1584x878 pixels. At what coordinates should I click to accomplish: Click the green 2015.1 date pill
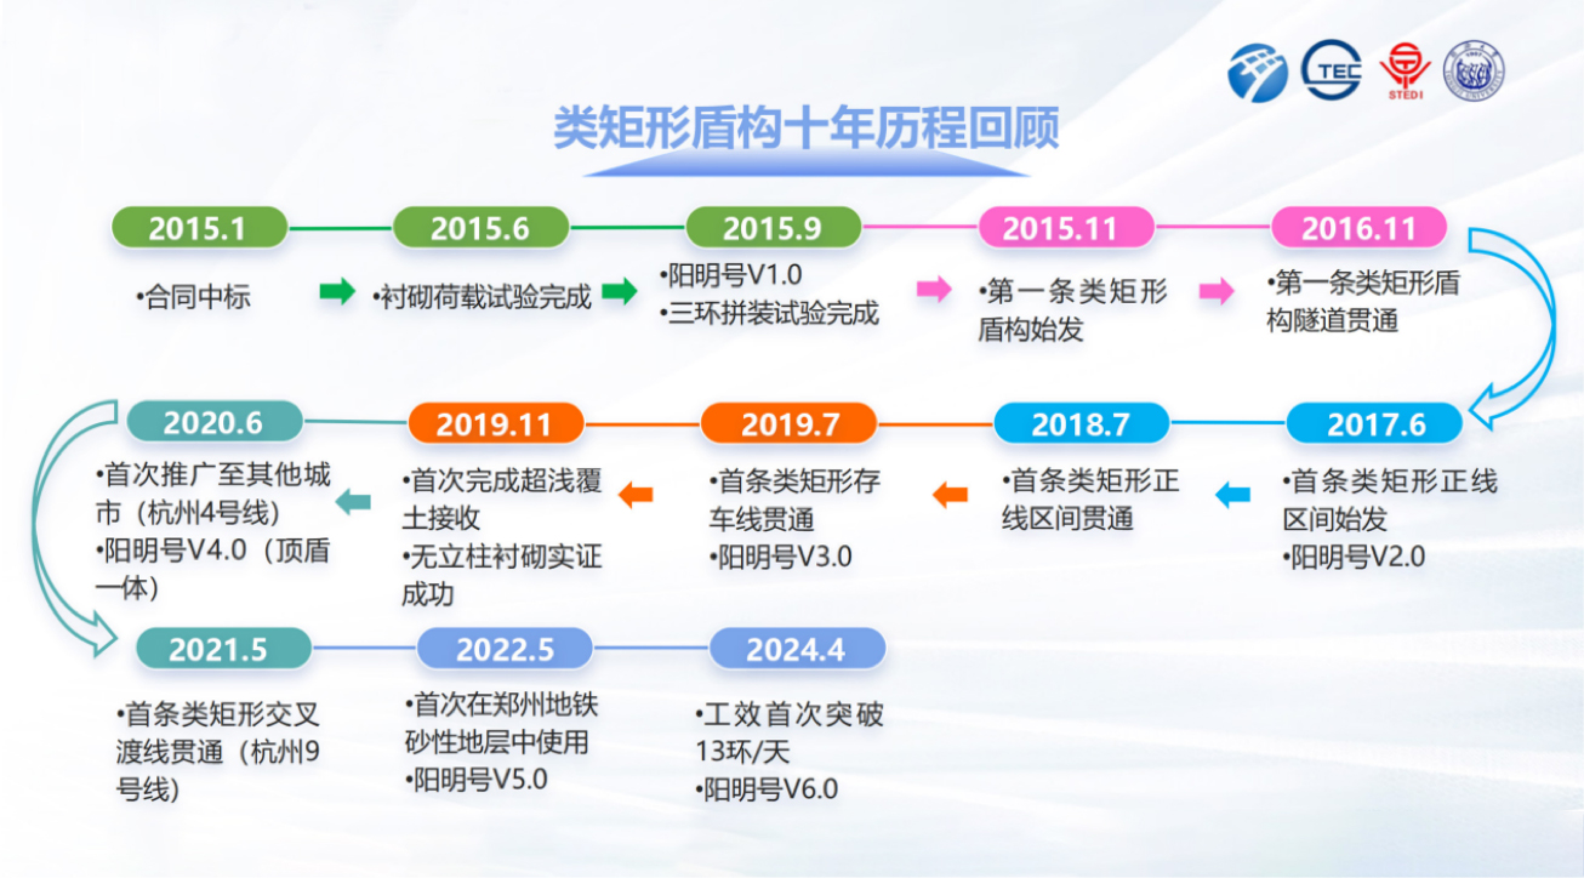point(200,227)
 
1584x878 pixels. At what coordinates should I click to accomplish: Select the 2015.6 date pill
point(480,227)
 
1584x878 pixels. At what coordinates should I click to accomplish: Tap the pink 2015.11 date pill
point(1066,227)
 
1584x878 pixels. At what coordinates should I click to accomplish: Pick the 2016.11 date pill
point(1359,227)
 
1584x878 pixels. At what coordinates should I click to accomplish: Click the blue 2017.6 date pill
point(1374,423)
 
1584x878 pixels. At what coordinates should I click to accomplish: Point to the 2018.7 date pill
point(1082,423)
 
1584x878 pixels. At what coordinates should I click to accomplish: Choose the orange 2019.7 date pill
point(789,423)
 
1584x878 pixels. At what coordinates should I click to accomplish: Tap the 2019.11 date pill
point(495,423)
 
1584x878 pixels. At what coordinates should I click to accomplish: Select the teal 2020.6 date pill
point(215,422)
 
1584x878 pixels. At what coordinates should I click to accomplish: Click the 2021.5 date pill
point(224,648)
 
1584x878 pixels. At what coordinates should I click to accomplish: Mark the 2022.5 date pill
point(505,648)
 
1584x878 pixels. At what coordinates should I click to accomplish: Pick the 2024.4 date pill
point(797,648)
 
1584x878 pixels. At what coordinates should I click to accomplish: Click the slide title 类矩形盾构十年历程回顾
point(806,128)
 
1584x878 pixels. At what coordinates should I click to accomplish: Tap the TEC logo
point(1331,70)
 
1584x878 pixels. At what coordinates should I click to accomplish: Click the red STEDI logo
point(1405,71)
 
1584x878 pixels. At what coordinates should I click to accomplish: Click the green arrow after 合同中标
point(337,291)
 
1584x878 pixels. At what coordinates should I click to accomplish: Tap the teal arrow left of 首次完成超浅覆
point(354,501)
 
